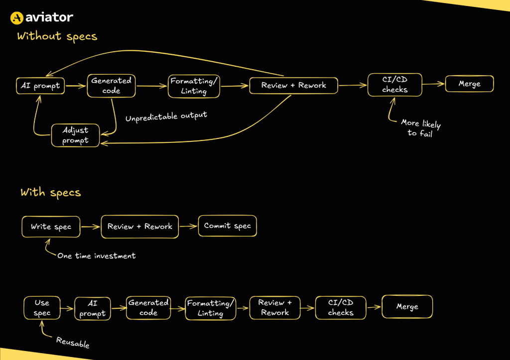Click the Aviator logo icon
tap(17, 18)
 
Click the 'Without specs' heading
tap(57, 36)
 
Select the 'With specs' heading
tap(50, 192)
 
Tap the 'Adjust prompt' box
tap(75, 135)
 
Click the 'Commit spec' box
tap(228, 226)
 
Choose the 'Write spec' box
tap(51, 227)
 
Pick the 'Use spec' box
tap(42, 308)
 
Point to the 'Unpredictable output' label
tap(166, 116)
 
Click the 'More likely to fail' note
tap(420, 128)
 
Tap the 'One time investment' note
tap(96, 255)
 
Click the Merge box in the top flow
tap(469, 84)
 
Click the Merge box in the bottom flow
tap(407, 307)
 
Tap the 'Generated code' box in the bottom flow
tap(148, 308)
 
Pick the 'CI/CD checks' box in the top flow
tap(394, 85)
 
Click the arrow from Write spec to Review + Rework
tap(90, 227)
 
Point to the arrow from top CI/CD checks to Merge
tap(433, 84)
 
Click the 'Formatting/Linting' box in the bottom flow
tap(210, 308)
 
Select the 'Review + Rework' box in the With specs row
tap(139, 227)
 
